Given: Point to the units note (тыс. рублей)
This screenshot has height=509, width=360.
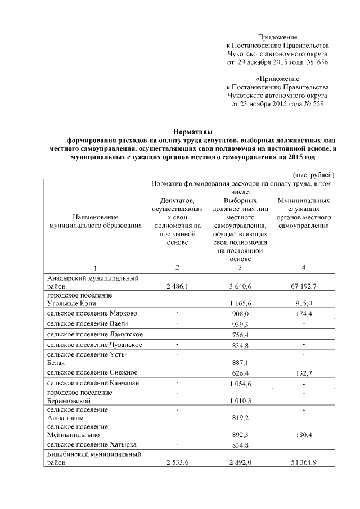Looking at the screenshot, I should pyautogui.click(x=314, y=175).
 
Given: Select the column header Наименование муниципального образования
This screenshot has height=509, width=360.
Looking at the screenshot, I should pyautogui.click(x=94, y=221).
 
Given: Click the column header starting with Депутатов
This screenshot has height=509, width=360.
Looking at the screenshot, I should pyautogui.click(x=177, y=221).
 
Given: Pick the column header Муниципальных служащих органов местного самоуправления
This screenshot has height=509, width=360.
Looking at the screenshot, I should pyautogui.click(x=303, y=213).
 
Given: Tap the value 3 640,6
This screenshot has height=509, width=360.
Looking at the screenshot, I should pyautogui.click(x=240, y=287).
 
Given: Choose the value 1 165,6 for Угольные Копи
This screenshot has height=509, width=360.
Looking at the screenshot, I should pyautogui.click(x=240, y=304).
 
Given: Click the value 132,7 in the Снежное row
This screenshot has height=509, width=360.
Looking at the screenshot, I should pyautogui.click(x=303, y=373).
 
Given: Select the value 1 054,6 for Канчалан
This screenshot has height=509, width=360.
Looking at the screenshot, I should pyautogui.click(x=240, y=384).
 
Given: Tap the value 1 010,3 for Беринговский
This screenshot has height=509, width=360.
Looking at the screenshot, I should pyautogui.click(x=240, y=401).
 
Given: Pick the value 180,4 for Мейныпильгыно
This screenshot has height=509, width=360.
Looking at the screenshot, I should pyautogui.click(x=303, y=435).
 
